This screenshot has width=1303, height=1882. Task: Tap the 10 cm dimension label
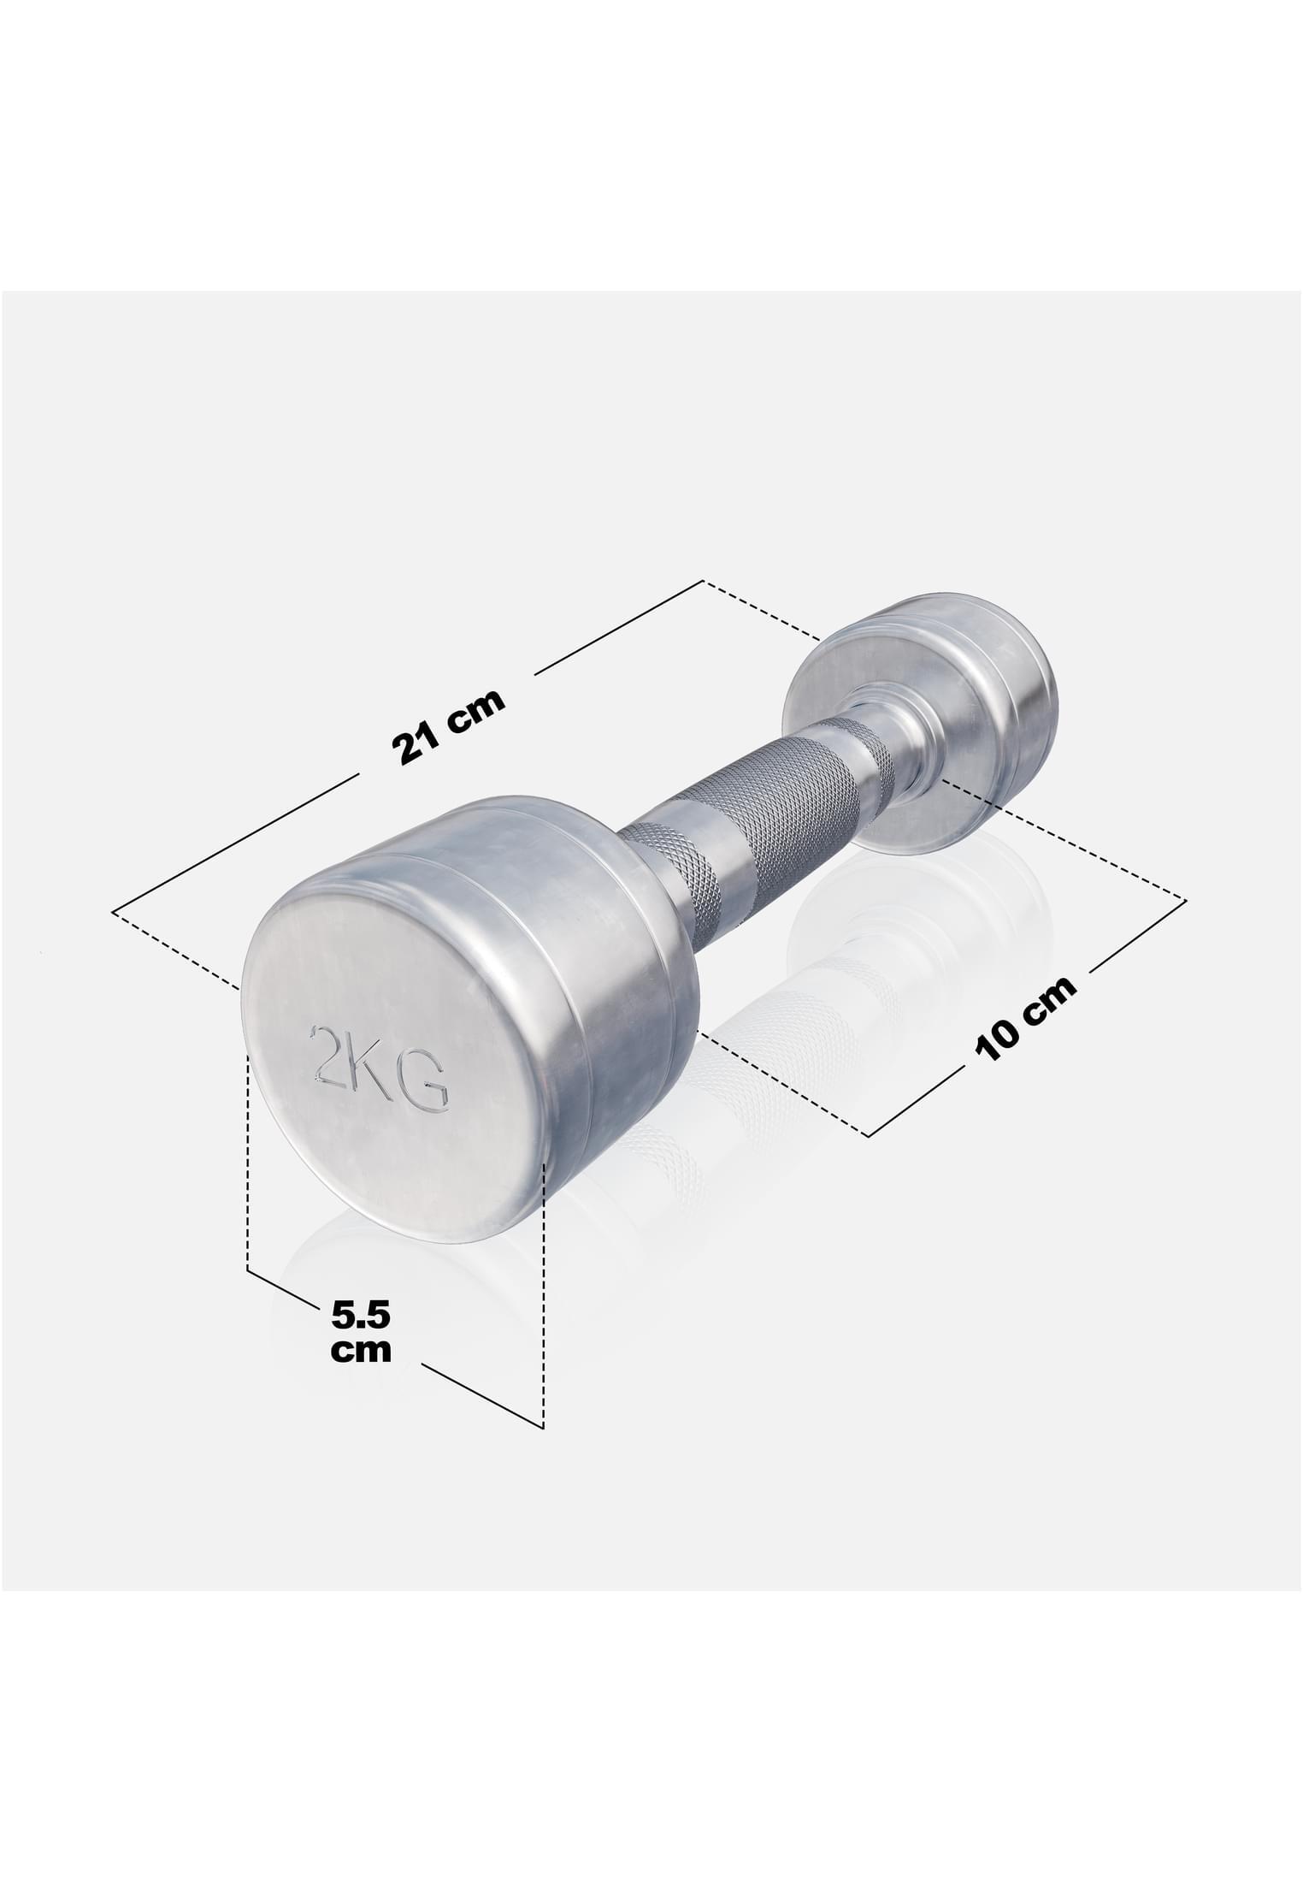point(1026,1019)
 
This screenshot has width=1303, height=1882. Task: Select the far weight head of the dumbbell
point(921,721)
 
